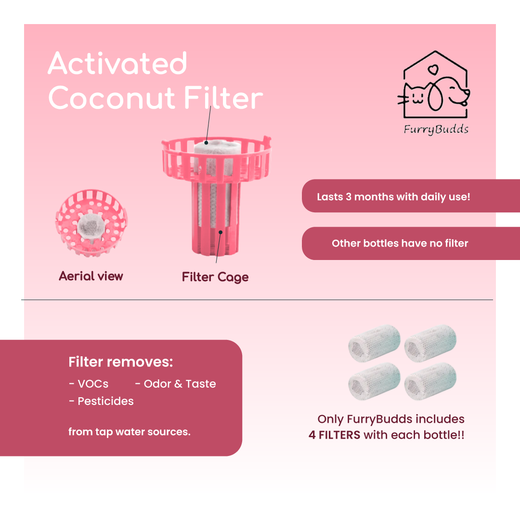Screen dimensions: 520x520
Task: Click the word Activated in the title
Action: (118, 63)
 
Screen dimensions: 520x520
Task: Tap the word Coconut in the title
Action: (112, 98)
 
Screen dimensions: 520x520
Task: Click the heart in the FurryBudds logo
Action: (433, 70)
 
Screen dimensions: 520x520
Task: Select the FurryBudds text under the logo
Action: (436, 130)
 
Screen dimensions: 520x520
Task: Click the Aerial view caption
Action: (91, 276)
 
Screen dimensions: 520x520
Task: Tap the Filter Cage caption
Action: (215, 277)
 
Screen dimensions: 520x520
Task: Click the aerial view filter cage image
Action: (91, 223)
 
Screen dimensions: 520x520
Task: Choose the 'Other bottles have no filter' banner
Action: (411, 244)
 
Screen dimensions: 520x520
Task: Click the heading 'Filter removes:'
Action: (121, 362)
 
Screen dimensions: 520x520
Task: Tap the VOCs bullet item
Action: (89, 384)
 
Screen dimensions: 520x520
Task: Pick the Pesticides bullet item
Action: (102, 401)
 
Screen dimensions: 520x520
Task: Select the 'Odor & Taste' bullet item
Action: (176, 384)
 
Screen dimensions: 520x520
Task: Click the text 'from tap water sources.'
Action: (130, 432)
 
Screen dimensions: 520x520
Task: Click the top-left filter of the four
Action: (375, 343)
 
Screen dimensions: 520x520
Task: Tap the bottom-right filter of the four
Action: (430, 381)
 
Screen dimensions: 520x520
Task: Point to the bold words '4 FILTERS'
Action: (334, 435)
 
